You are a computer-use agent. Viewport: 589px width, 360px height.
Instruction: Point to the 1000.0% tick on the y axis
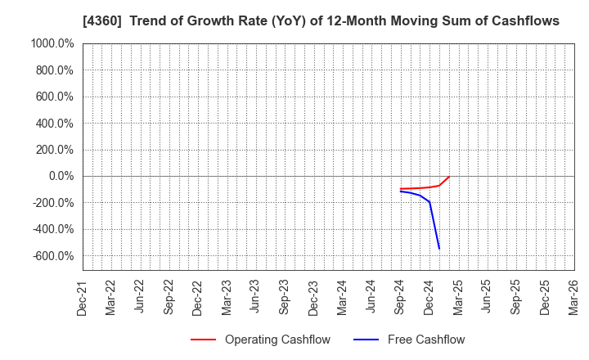51,43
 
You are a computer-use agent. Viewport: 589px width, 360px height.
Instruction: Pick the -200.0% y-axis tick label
52,203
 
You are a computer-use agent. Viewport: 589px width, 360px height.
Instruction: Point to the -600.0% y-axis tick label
52,256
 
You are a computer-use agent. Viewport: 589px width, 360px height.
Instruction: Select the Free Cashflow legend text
425,340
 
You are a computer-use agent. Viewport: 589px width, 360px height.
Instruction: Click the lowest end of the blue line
439,249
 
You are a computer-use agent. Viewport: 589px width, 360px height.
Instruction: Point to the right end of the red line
449,177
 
